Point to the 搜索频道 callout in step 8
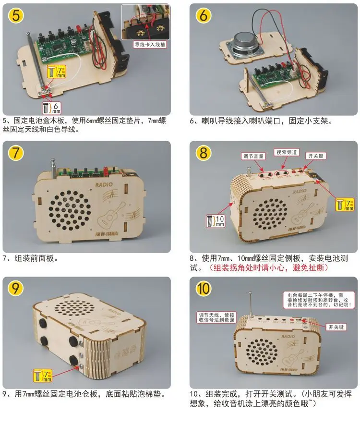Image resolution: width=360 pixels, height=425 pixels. [x=288, y=152]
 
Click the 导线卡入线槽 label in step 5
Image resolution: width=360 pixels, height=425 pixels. [x=149, y=45]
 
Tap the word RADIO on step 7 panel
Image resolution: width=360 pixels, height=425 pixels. [x=104, y=184]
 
